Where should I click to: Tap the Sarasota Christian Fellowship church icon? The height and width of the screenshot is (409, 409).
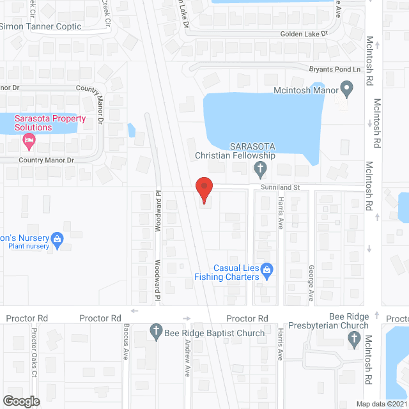[x=259, y=169]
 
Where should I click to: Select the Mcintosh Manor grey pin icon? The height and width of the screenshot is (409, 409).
[x=346, y=88]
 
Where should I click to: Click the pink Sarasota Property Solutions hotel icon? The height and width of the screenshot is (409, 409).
[x=28, y=139]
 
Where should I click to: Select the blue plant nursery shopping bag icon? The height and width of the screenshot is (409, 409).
[x=57, y=239]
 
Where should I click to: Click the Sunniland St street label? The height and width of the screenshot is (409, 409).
[x=279, y=187]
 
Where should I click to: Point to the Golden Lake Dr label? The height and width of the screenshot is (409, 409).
[x=304, y=33]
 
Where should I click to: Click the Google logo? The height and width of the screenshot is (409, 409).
[x=22, y=401]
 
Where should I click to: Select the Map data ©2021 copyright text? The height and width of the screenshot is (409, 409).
[x=381, y=404]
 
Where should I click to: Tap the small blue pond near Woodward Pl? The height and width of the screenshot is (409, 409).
[x=132, y=130]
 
